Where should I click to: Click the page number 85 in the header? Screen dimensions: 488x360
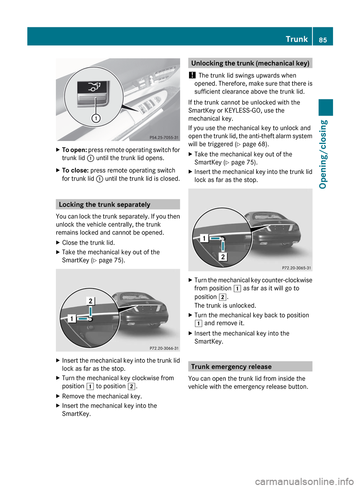tap(323, 40)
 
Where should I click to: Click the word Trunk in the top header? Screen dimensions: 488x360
tap(297, 39)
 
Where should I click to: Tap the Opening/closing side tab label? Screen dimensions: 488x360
tap(323, 154)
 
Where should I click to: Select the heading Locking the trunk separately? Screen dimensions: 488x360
tap(105, 205)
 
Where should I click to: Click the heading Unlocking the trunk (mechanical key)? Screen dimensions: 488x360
tap(250, 63)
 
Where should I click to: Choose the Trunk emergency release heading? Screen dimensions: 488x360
tap(231, 367)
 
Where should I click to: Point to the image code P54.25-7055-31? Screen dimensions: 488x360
tap(164, 138)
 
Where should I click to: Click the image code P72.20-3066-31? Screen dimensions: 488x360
tap(164, 348)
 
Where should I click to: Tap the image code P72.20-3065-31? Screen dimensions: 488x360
tap(296, 268)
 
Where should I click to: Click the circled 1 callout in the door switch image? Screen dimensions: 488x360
tap(96, 118)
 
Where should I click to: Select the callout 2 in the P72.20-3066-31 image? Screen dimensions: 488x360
tap(90, 301)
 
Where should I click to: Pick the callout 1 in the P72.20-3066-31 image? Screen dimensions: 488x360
tap(72, 319)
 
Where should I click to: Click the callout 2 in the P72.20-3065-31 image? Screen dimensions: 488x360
tap(223, 257)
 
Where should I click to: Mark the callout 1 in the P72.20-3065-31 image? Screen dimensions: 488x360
tap(204, 238)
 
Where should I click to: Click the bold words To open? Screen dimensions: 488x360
tap(74, 150)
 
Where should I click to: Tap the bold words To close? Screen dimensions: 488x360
tap(75, 170)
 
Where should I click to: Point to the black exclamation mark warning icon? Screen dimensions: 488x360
tap(192, 75)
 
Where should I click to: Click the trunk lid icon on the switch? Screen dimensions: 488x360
tap(94, 87)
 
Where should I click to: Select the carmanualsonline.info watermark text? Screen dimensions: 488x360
tap(304, 481)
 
